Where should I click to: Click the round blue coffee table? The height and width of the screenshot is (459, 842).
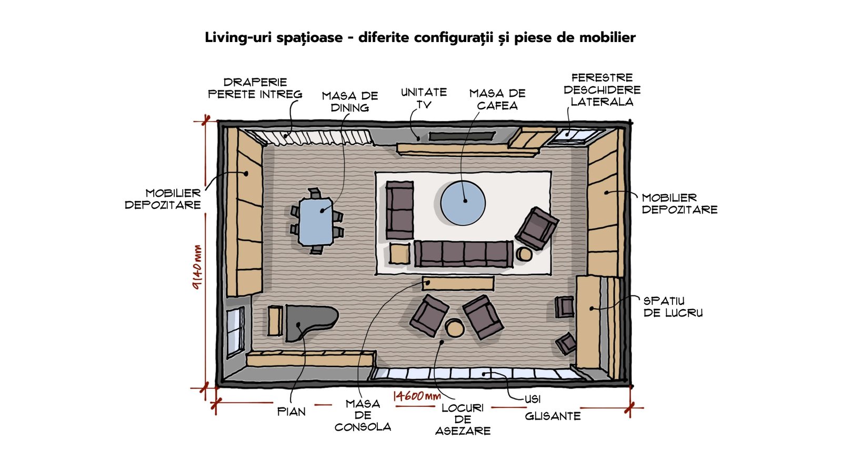[463, 203]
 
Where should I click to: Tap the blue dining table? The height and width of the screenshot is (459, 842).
[316, 221]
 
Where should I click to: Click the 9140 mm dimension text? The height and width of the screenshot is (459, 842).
[197, 267]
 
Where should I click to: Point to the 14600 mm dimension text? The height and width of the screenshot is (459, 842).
[417, 396]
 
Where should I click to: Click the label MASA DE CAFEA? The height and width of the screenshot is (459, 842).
[497, 99]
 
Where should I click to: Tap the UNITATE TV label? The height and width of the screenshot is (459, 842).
[424, 98]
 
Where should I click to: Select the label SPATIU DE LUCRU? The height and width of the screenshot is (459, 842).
[673, 307]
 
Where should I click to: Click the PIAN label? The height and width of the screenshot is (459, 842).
[292, 412]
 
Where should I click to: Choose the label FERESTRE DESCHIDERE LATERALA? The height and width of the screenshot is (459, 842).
[602, 90]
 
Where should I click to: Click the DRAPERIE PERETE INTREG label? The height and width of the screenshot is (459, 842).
[255, 88]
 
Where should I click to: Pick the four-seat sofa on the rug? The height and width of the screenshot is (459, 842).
[464, 254]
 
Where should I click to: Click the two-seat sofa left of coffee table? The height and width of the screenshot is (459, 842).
[399, 210]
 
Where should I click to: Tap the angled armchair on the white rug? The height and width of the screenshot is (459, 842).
[537, 228]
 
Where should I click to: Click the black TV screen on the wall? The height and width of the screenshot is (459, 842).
[461, 136]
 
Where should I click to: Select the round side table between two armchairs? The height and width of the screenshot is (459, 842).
[455, 328]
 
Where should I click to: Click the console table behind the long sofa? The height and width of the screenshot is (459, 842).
[458, 283]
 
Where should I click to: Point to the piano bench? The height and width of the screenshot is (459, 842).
[275, 321]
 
